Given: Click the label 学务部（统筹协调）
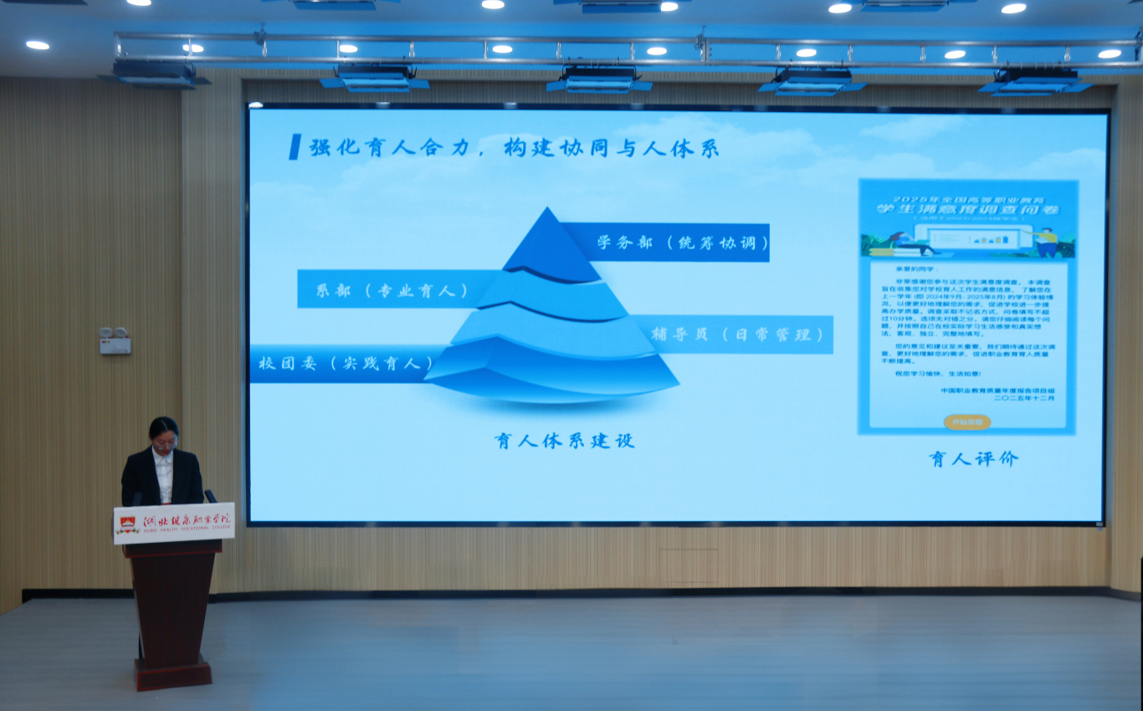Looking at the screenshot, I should (682, 243).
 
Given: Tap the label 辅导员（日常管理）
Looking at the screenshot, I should (731, 334).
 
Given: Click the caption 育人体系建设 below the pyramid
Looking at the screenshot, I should (564, 440).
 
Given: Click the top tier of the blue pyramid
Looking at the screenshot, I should (549, 247).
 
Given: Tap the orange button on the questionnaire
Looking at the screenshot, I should (966, 422).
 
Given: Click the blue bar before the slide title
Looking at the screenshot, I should (295, 147).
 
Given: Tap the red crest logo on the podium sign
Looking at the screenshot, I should (127, 525).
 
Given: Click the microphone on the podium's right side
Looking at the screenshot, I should (209, 496).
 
